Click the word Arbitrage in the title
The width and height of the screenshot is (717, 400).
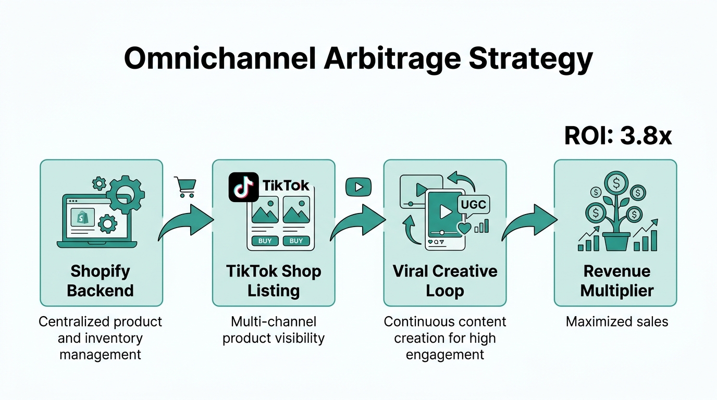pos(392,59)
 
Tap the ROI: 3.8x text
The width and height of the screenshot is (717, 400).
pos(618,135)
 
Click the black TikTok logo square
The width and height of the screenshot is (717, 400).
pos(243,187)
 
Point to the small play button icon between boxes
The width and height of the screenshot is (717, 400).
pos(358,187)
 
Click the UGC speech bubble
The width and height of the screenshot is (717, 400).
pos(473,204)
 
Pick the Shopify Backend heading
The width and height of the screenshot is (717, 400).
pos(101,280)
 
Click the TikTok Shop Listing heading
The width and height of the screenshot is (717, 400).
pos(273,280)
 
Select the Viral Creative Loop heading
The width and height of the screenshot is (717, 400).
pos(444,280)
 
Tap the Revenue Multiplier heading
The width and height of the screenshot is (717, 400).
pos(616,280)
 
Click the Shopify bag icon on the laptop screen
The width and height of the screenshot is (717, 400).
pos(82,217)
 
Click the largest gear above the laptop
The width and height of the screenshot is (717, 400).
pos(125,194)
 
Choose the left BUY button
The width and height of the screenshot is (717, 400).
pos(265,241)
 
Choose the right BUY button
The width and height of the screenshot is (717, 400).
pos(296,241)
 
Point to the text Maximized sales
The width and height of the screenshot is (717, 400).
pos(616,322)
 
